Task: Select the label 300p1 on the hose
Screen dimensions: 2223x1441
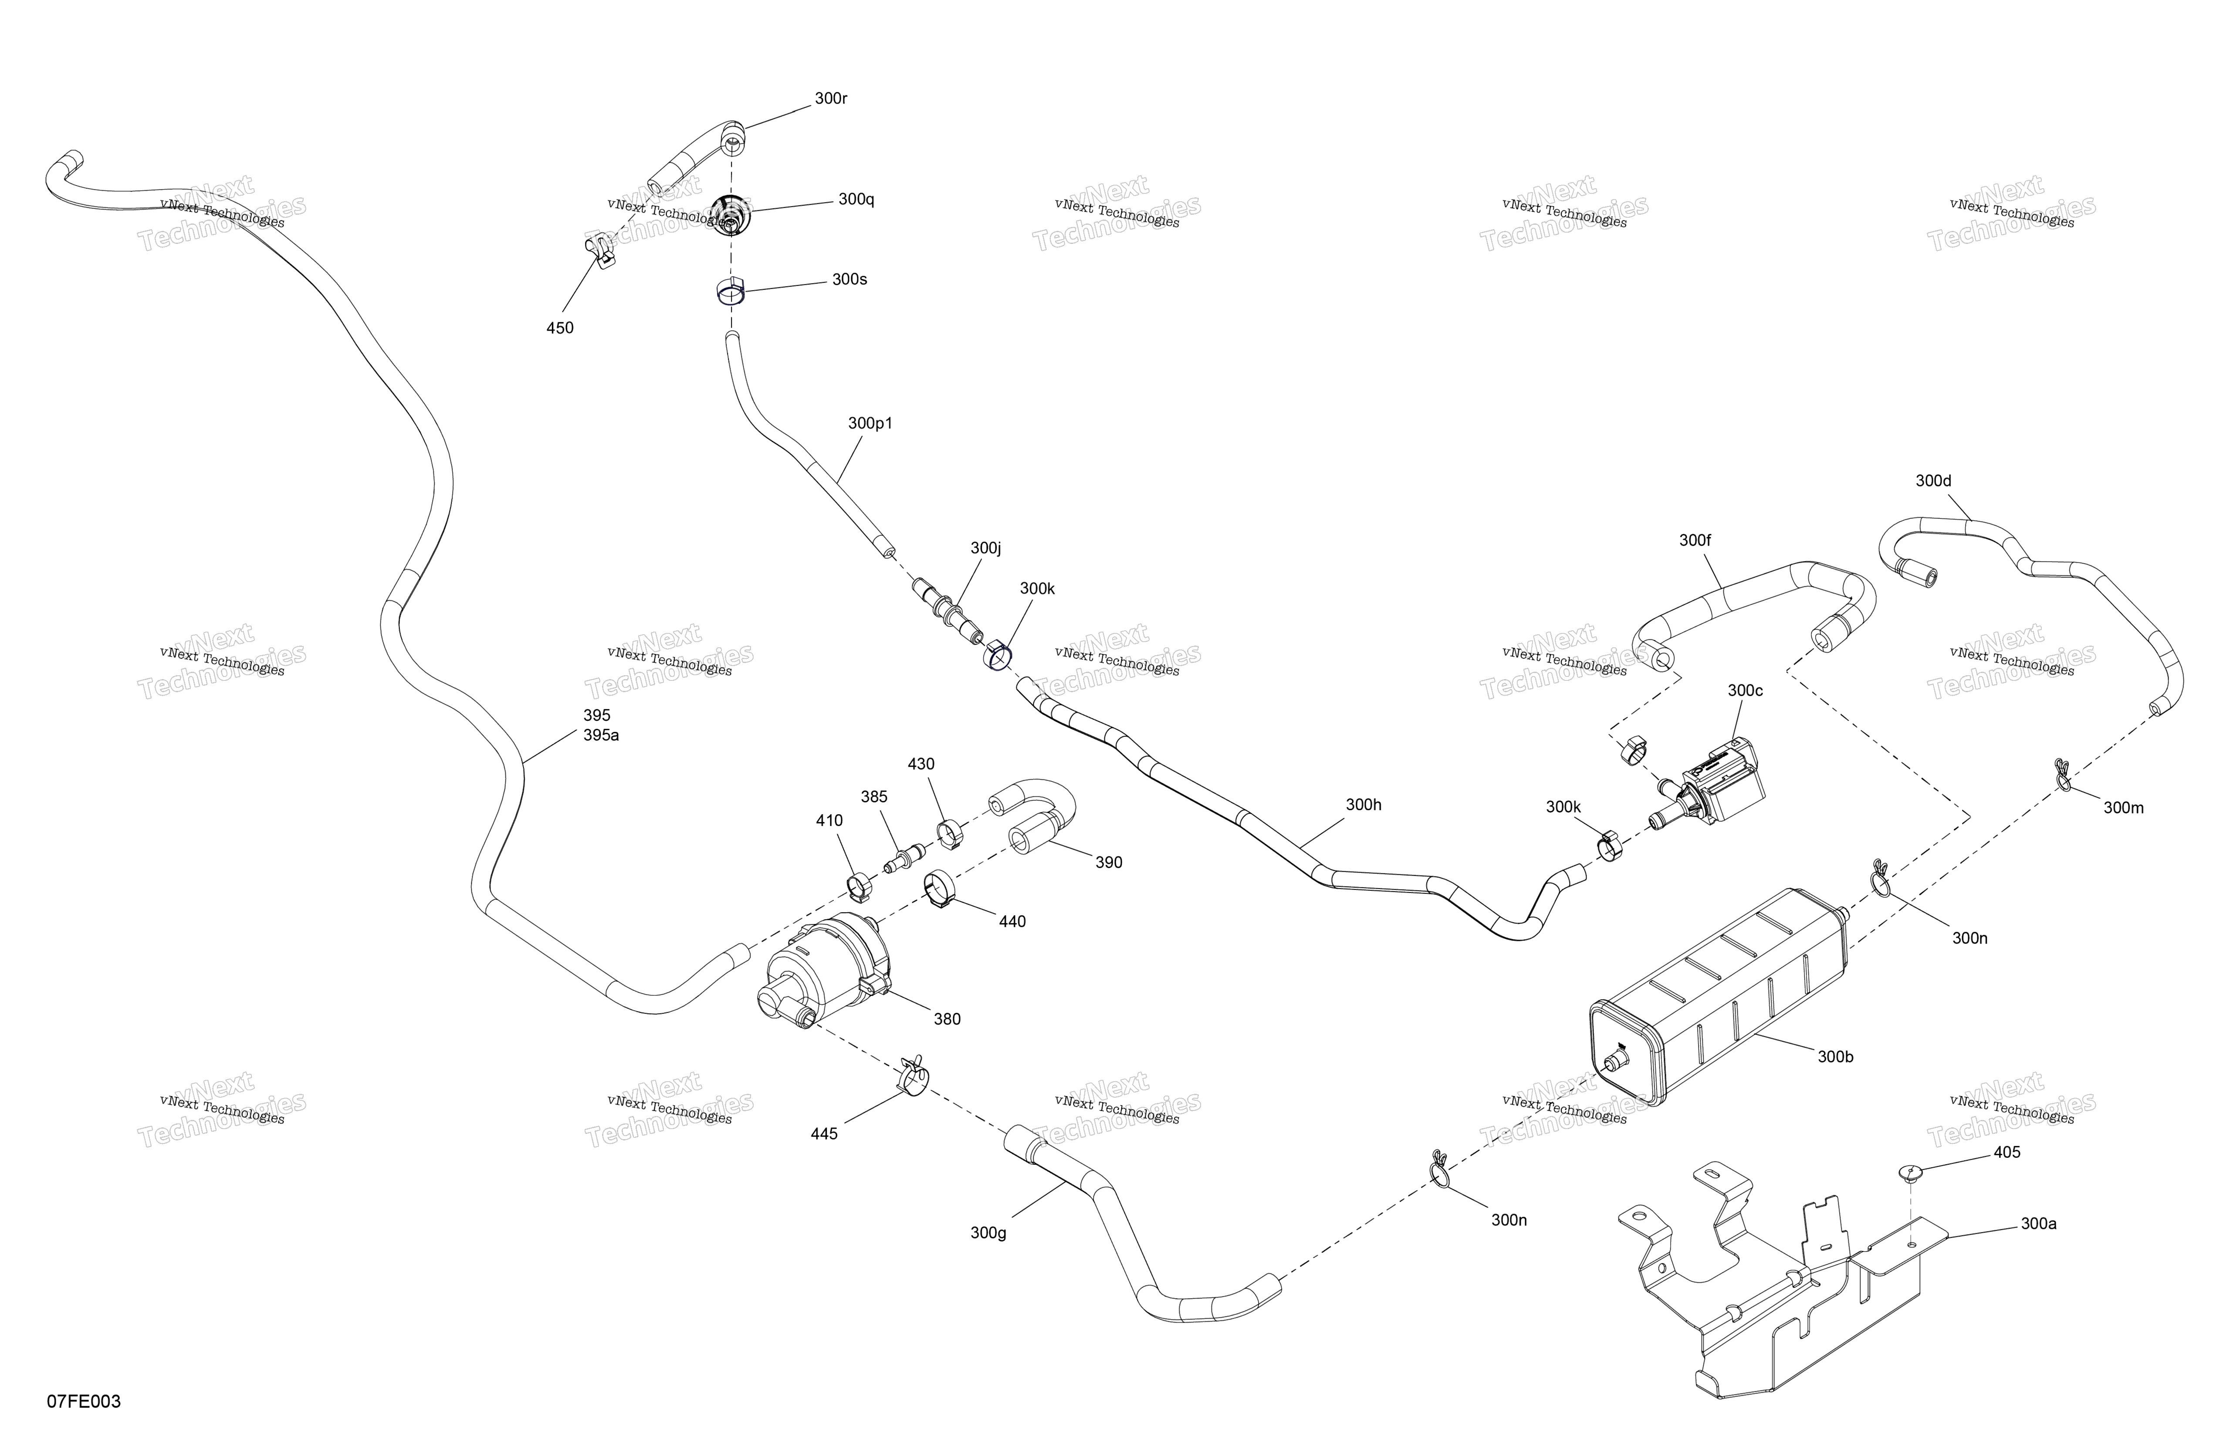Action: (870, 423)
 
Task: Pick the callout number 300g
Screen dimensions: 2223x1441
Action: (988, 1233)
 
